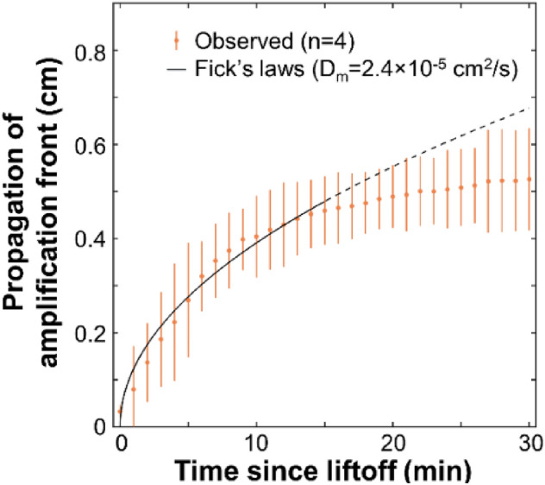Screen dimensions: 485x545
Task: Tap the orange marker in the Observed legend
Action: pos(177,40)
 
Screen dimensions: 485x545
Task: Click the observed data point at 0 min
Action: pos(120,412)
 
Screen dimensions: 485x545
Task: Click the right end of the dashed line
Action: pos(529,109)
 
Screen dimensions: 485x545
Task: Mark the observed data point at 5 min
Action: pos(188,299)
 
